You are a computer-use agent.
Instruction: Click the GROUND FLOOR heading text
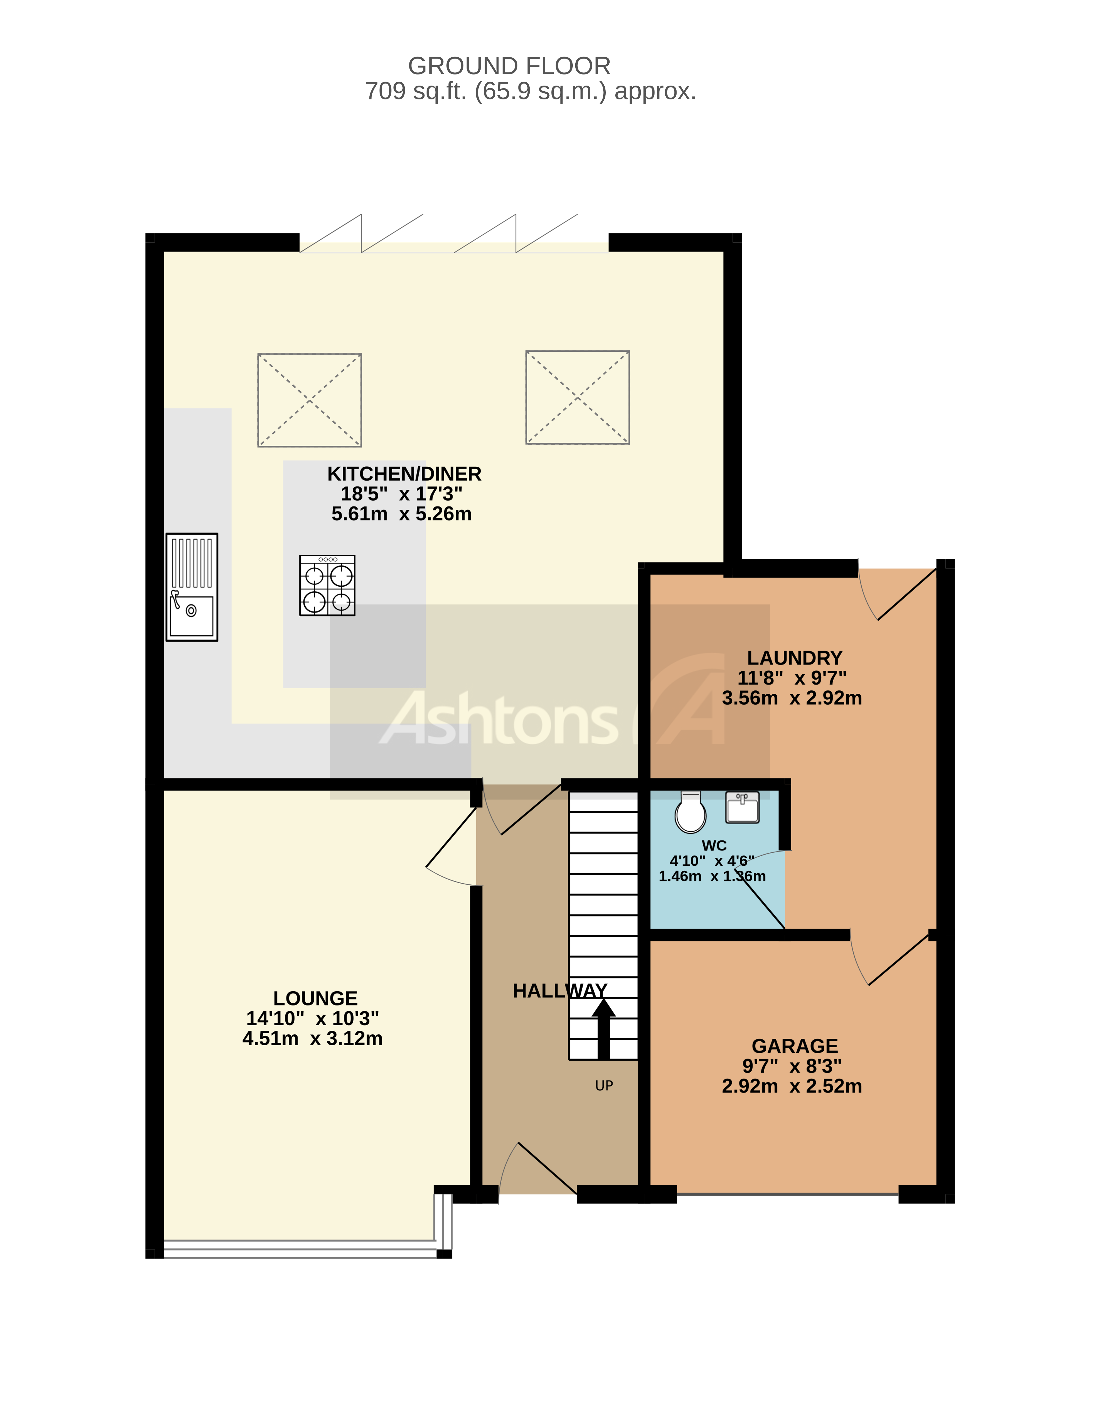pyautogui.click(x=509, y=66)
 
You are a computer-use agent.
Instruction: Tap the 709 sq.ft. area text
pyautogui.click(x=530, y=91)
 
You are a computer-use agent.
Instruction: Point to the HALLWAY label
pyautogui.click(x=560, y=991)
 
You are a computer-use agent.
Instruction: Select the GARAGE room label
pyautogui.click(x=795, y=1046)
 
